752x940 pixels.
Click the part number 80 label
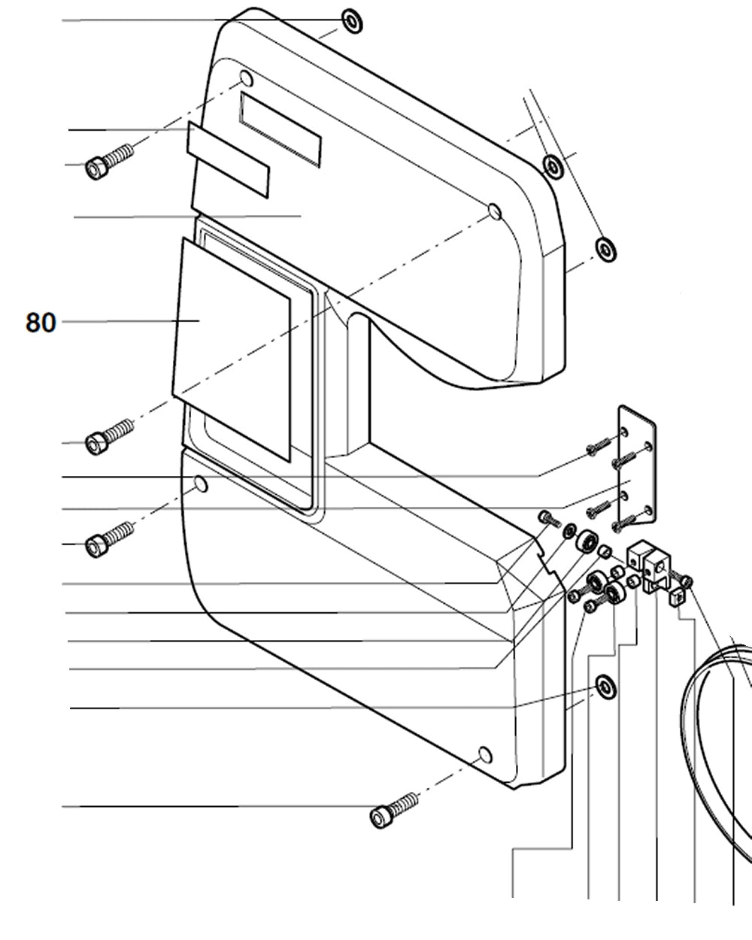click(41, 323)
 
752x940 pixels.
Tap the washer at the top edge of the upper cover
click(352, 21)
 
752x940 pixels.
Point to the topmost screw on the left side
click(108, 161)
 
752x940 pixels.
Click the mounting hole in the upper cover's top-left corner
click(247, 78)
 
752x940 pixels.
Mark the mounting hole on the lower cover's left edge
click(201, 485)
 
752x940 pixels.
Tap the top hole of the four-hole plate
click(623, 433)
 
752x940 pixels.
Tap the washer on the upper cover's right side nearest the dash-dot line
click(553, 165)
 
